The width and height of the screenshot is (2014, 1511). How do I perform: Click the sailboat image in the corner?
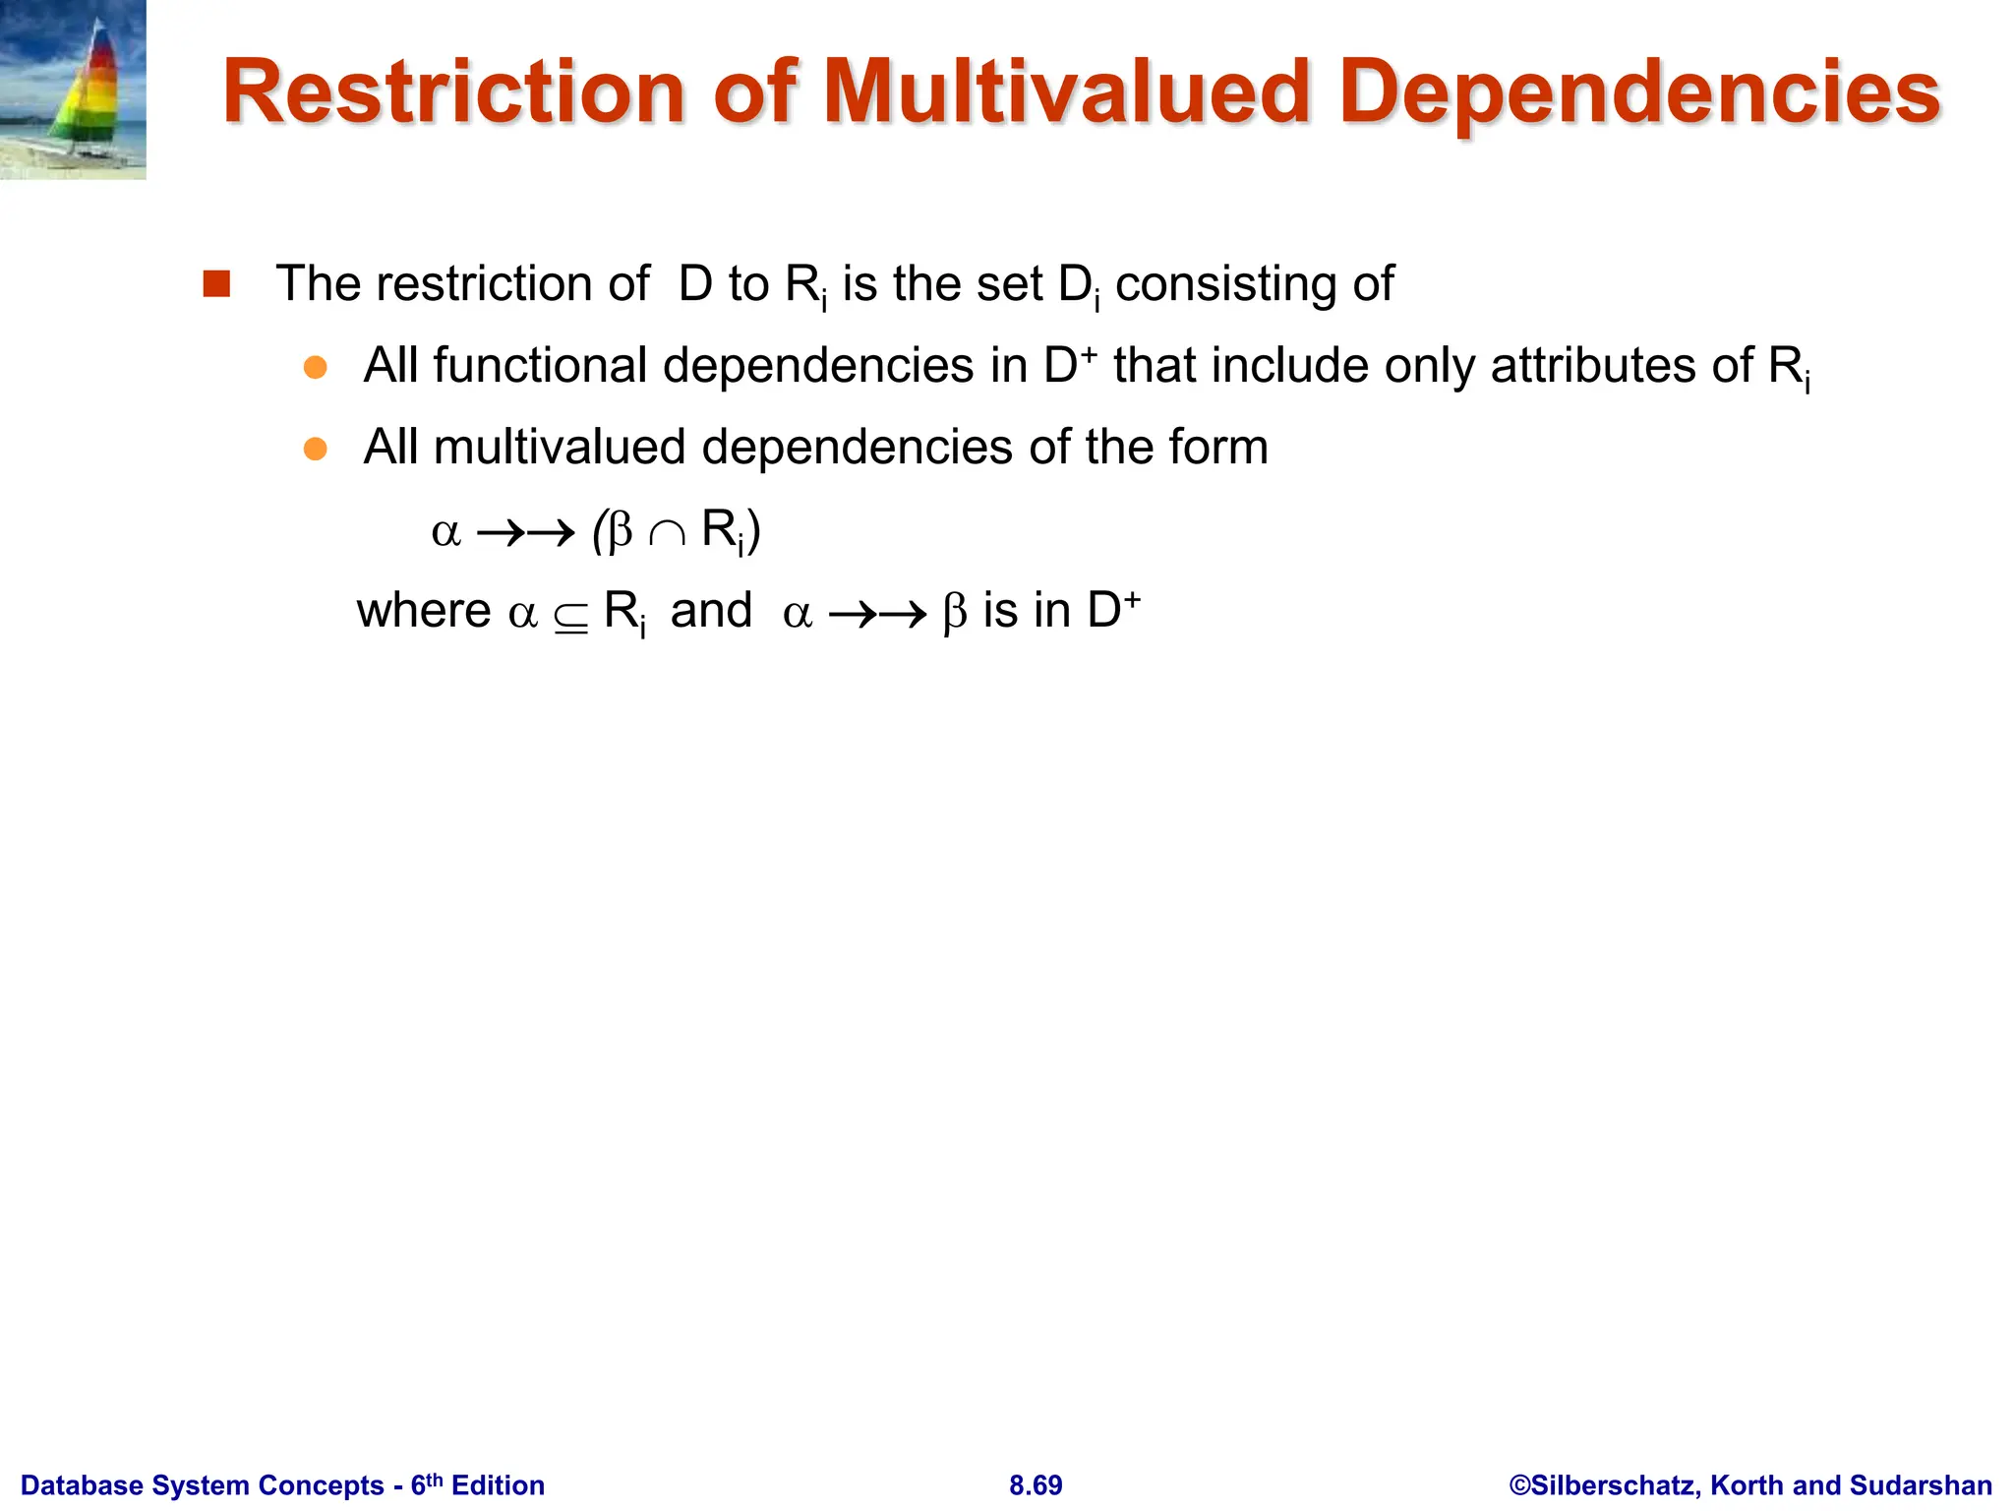coord(73,90)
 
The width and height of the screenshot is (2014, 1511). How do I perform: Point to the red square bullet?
coord(216,284)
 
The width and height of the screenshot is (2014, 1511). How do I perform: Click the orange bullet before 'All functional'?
coord(315,368)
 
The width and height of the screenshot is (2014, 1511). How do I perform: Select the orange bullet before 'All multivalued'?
coord(315,450)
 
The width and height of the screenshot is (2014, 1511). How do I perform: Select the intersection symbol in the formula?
coord(667,533)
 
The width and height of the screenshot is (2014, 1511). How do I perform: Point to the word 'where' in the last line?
coord(423,611)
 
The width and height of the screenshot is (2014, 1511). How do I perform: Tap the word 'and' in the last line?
coord(711,611)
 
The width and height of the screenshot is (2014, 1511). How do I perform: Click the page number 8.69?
coord(1036,1485)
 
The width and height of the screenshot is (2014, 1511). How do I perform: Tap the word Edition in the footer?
coord(498,1485)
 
